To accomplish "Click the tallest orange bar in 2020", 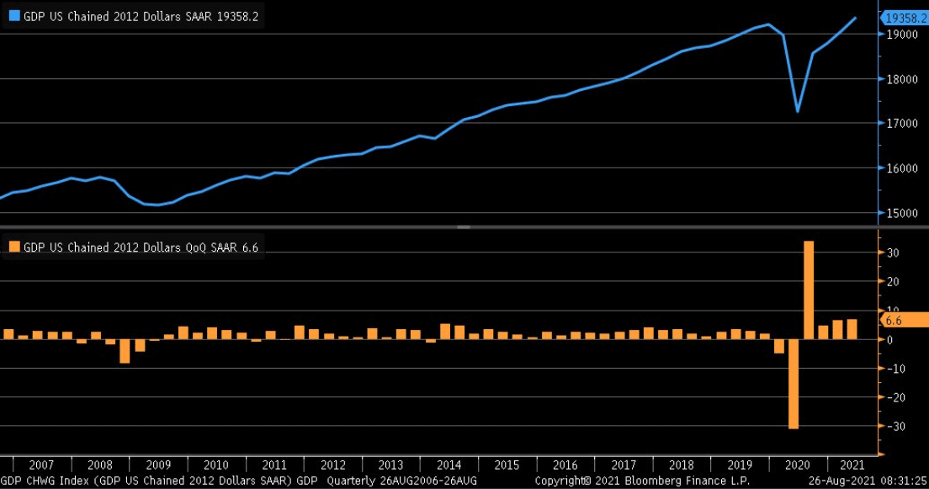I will [x=809, y=290].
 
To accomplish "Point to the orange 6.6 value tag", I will [x=895, y=321].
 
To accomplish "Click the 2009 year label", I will [x=158, y=465].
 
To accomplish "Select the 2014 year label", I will [x=449, y=465].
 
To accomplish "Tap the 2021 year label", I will [x=852, y=465].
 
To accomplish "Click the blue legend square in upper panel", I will [x=14, y=14].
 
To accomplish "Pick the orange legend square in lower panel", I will [x=14, y=247].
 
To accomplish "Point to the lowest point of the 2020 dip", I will [x=798, y=111].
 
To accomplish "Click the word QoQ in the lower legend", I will [x=190, y=247].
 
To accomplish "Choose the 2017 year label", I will [x=624, y=465].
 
